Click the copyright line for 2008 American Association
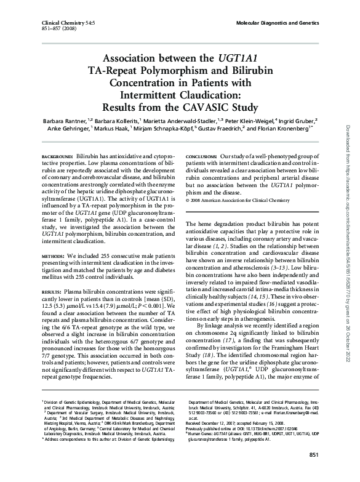point(235,201)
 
